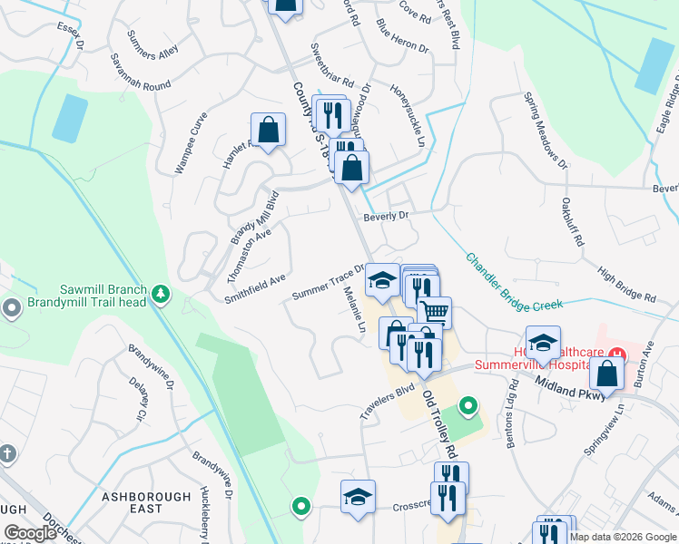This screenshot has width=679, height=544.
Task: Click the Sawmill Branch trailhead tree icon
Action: pyautogui.click(x=161, y=293)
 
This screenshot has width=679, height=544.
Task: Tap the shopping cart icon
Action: pyautogui.click(x=435, y=312)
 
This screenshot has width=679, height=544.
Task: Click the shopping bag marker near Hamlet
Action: pyautogui.click(x=269, y=129)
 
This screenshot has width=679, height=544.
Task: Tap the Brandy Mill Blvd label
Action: pyautogui.click(x=254, y=218)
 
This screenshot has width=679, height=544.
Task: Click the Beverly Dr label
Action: pyautogui.click(x=387, y=217)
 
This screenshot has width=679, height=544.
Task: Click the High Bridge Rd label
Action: pyautogui.click(x=626, y=285)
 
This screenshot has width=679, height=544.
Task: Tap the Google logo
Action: pyautogui.click(x=30, y=533)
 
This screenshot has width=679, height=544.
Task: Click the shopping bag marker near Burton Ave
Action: pyautogui.click(x=606, y=373)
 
